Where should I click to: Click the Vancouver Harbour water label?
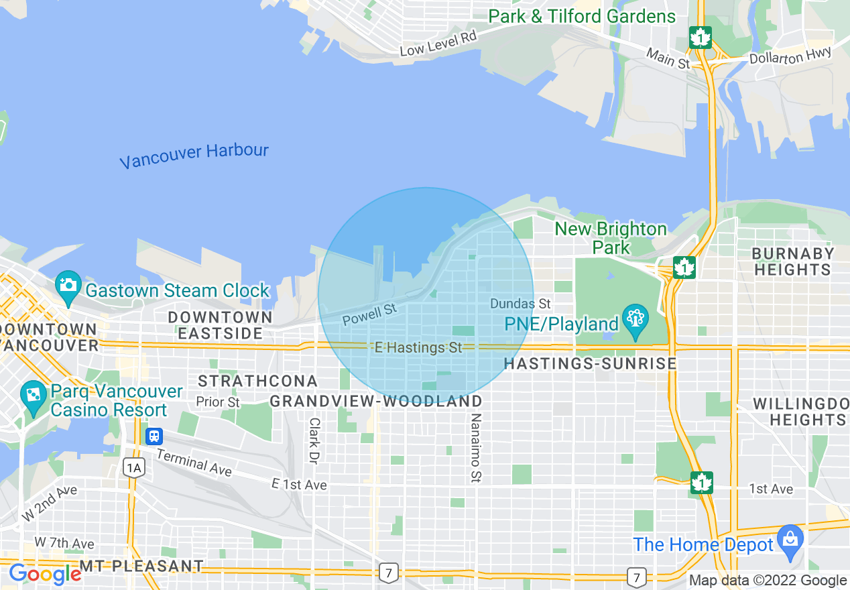coord(194,156)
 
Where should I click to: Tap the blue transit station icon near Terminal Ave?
coord(154,436)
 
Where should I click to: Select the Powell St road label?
coord(369,314)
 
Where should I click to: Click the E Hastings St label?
coord(418,348)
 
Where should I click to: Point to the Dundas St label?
coord(520,304)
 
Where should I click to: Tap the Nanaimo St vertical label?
coord(476,448)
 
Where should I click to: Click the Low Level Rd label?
coord(438,43)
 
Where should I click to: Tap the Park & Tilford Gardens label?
coord(582,16)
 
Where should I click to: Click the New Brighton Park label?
coord(611,238)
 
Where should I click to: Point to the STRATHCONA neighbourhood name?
coord(257,381)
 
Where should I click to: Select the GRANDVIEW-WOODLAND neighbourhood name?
coord(375,401)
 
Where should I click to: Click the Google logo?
coord(44,574)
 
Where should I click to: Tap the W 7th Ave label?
coord(64,543)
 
